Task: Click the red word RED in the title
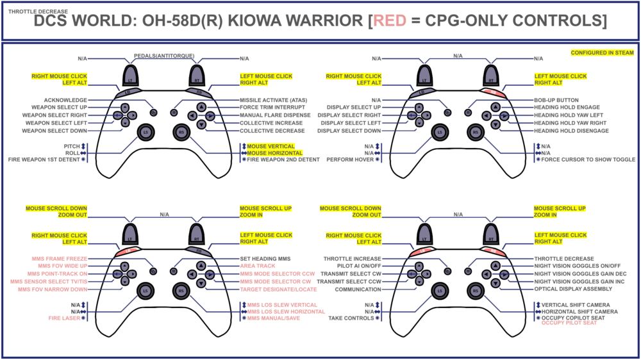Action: [390, 21]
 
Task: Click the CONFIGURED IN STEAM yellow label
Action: [602, 53]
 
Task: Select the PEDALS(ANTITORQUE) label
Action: [164, 56]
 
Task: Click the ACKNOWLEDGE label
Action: [65, 100]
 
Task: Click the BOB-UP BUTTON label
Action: [556, 100]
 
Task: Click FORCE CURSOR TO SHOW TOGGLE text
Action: [588, 160]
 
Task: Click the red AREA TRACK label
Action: [257, 265]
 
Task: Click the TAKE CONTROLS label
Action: [351, 318]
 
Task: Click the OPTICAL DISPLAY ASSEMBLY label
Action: [572, 289]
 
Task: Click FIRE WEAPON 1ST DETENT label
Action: [43, 160]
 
